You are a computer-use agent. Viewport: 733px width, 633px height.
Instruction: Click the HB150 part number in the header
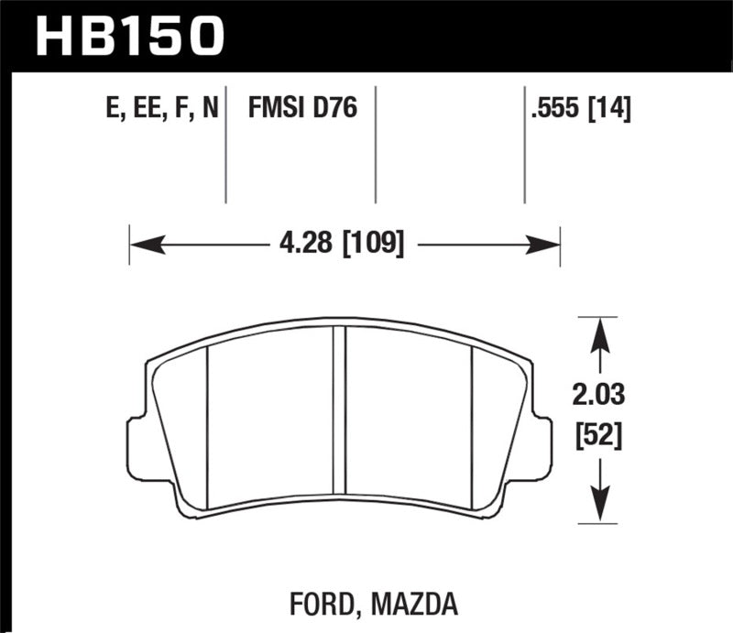click(x=129, y=35)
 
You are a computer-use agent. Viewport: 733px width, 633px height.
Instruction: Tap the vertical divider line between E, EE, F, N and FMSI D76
click(x=225, y=147)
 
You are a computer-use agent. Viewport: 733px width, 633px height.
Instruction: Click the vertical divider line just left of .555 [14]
click(x=524, y=147)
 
